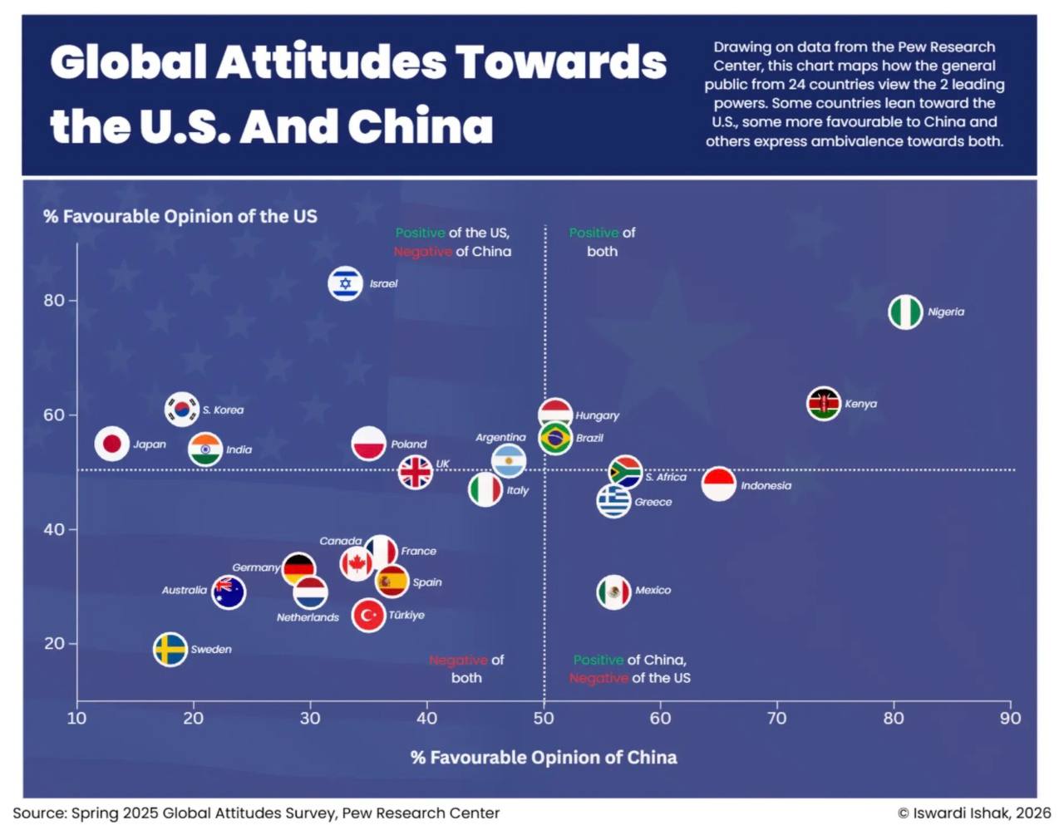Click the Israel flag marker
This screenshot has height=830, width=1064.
tap(345, 284)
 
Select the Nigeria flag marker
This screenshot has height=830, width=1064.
tap(905, 312)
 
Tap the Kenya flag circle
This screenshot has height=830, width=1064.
tap(824, 405)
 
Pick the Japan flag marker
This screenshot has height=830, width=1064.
tap(111, 444)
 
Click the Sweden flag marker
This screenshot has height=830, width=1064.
tap(170, 650)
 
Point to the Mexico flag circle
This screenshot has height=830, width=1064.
tap(613, 592)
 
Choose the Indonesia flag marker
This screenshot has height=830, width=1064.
tap(719, 484)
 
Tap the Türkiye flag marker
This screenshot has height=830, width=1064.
tap(368, 616)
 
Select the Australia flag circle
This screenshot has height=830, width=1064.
tap(229, 592)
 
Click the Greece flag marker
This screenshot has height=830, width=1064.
tap(613, 501)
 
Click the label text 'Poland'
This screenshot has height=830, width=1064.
tap(409, 444)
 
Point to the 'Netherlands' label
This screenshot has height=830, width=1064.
tap(308, 617)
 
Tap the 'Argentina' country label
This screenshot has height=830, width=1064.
tap(500, 437)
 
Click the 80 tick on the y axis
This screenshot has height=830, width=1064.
tap(55, 301)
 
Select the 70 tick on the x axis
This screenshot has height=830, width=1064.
tap(776, 718)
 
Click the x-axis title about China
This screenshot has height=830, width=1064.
tap(544, 758)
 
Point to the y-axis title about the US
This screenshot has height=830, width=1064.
tap(180, 217)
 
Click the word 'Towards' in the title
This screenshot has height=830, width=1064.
tap(561, 62)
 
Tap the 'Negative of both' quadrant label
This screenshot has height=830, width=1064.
tap(466, 669)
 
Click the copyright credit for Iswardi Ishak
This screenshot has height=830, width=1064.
tap(974, 813)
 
